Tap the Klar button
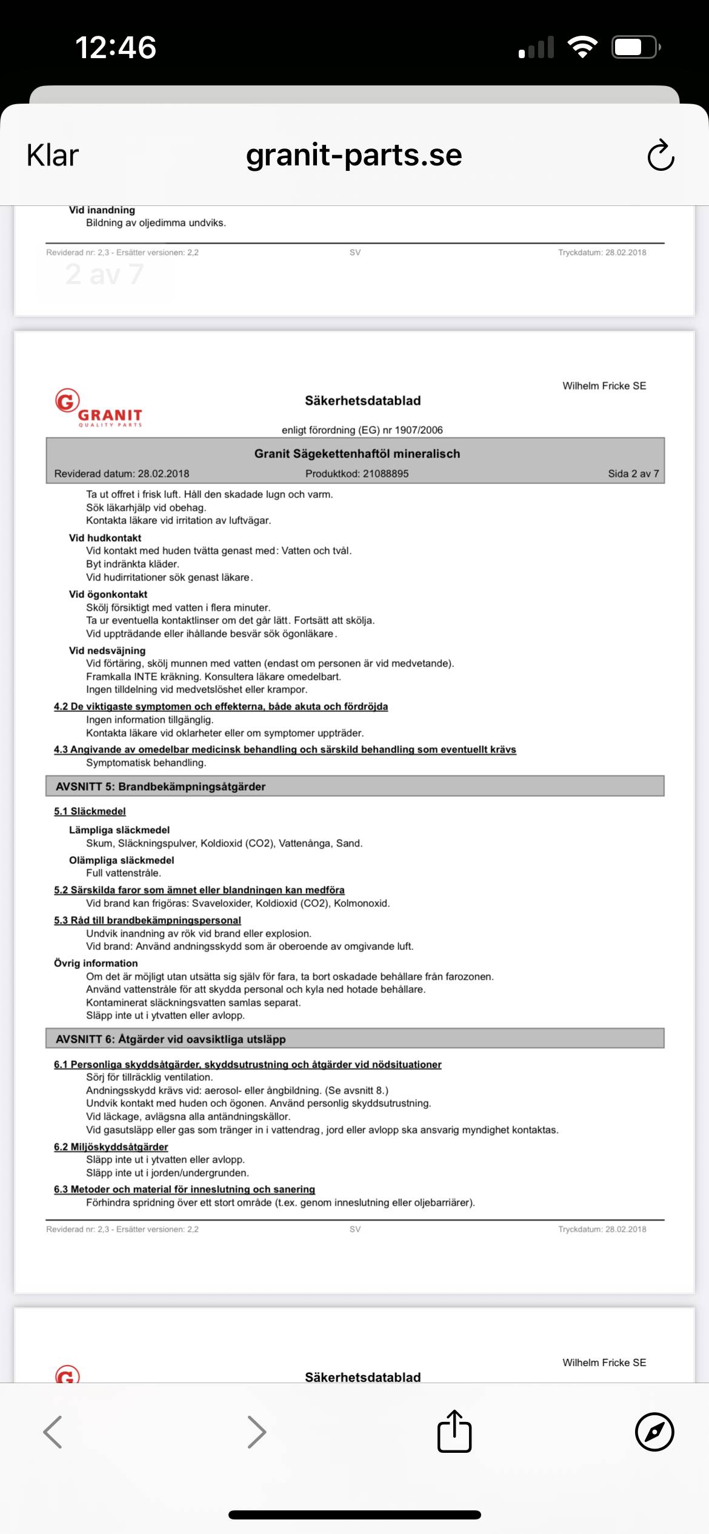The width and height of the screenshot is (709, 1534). [53, 156]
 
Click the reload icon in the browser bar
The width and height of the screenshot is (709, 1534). [661, 156]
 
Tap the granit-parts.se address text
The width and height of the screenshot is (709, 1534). [354, 156]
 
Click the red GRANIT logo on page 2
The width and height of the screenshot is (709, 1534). [98, 408]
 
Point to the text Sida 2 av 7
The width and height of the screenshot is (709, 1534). [633, 474]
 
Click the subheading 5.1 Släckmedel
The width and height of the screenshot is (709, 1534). [90, 811]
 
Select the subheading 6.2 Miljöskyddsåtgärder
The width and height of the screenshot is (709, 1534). [111, 1147]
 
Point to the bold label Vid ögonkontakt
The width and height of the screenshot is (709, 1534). [108, 594]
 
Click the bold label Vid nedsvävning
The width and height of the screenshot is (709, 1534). [107, 651]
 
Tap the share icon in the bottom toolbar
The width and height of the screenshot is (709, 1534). [454, 1432]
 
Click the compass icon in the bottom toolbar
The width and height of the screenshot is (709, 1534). [654, 1432]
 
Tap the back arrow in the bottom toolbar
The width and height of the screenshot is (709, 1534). [53, 1432]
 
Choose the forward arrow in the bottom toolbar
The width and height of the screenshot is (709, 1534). [257, 1432]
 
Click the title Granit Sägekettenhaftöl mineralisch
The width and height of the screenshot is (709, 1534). [357, 454]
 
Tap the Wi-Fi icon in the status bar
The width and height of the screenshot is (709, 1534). [582, 47]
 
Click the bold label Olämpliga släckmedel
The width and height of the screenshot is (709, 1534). [121, 860]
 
